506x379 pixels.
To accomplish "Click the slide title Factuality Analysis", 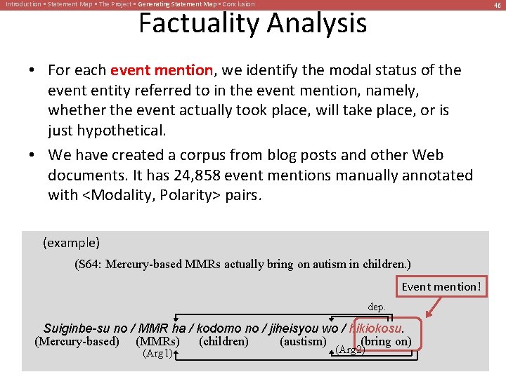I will coord(252,23).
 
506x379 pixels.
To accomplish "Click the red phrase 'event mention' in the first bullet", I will coord(162,70).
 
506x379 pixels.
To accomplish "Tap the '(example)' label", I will coord(72,243).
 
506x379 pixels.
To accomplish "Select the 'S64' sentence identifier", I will coord(93,265).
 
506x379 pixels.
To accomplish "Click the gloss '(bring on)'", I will coord(385,342).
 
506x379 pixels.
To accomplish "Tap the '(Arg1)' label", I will coord(157,353).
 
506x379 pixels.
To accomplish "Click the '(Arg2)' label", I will coord(351,349).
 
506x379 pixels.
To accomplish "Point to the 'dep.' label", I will coord(377,307).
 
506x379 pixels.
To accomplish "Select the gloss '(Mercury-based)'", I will coord(77,342).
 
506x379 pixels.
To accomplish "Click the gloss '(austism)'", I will coord(303,342).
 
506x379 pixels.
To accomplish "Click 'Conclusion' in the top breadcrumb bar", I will coord(238,4).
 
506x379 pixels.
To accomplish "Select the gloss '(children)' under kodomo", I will coord(223,342).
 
